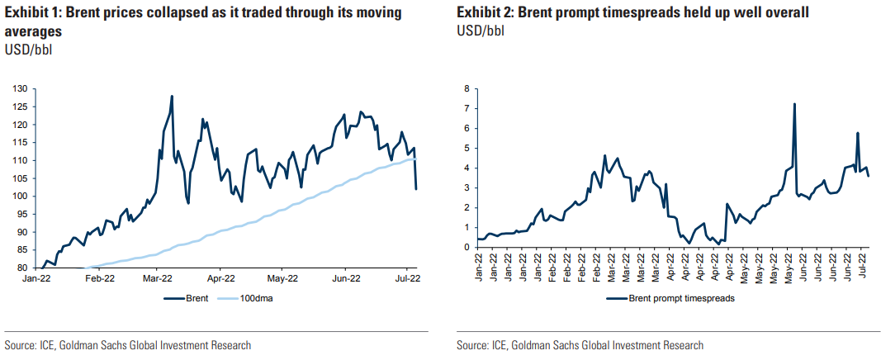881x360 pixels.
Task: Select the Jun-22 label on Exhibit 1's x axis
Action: pyautogui.click(x=344, y=280)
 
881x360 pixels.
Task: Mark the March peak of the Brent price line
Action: pyautogui.click(x=172, y=96)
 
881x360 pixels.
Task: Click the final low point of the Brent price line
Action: pyautogui.click(x=416, y=189)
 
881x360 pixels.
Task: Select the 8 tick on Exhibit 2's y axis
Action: pyautogui.click(x=467, y=89)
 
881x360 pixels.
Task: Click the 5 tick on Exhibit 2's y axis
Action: pyautogui.click(x=467, y=149)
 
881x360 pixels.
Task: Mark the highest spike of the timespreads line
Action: pyautogui.click(x=794, y=104)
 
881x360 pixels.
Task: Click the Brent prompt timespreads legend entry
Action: pyautogui.click(x=672, y=299)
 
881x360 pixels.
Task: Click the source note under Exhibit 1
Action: pyautogui.click(x=128, y=345)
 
